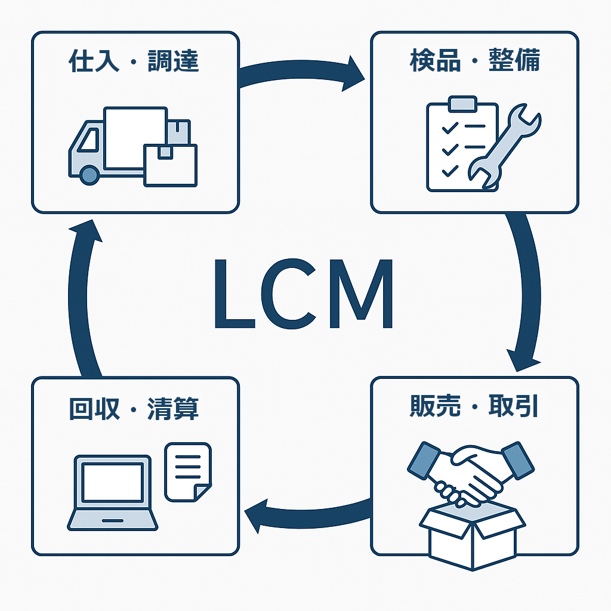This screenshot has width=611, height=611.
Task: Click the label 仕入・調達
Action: click(134, 62)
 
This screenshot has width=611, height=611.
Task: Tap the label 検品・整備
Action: click(474, 62)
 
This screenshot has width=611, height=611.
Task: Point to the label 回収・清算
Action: click(134, 410)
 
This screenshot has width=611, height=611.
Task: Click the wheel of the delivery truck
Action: click(89, 174)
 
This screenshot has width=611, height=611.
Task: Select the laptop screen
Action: click(112, 482)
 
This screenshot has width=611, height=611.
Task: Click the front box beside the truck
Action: click(170, 165)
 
